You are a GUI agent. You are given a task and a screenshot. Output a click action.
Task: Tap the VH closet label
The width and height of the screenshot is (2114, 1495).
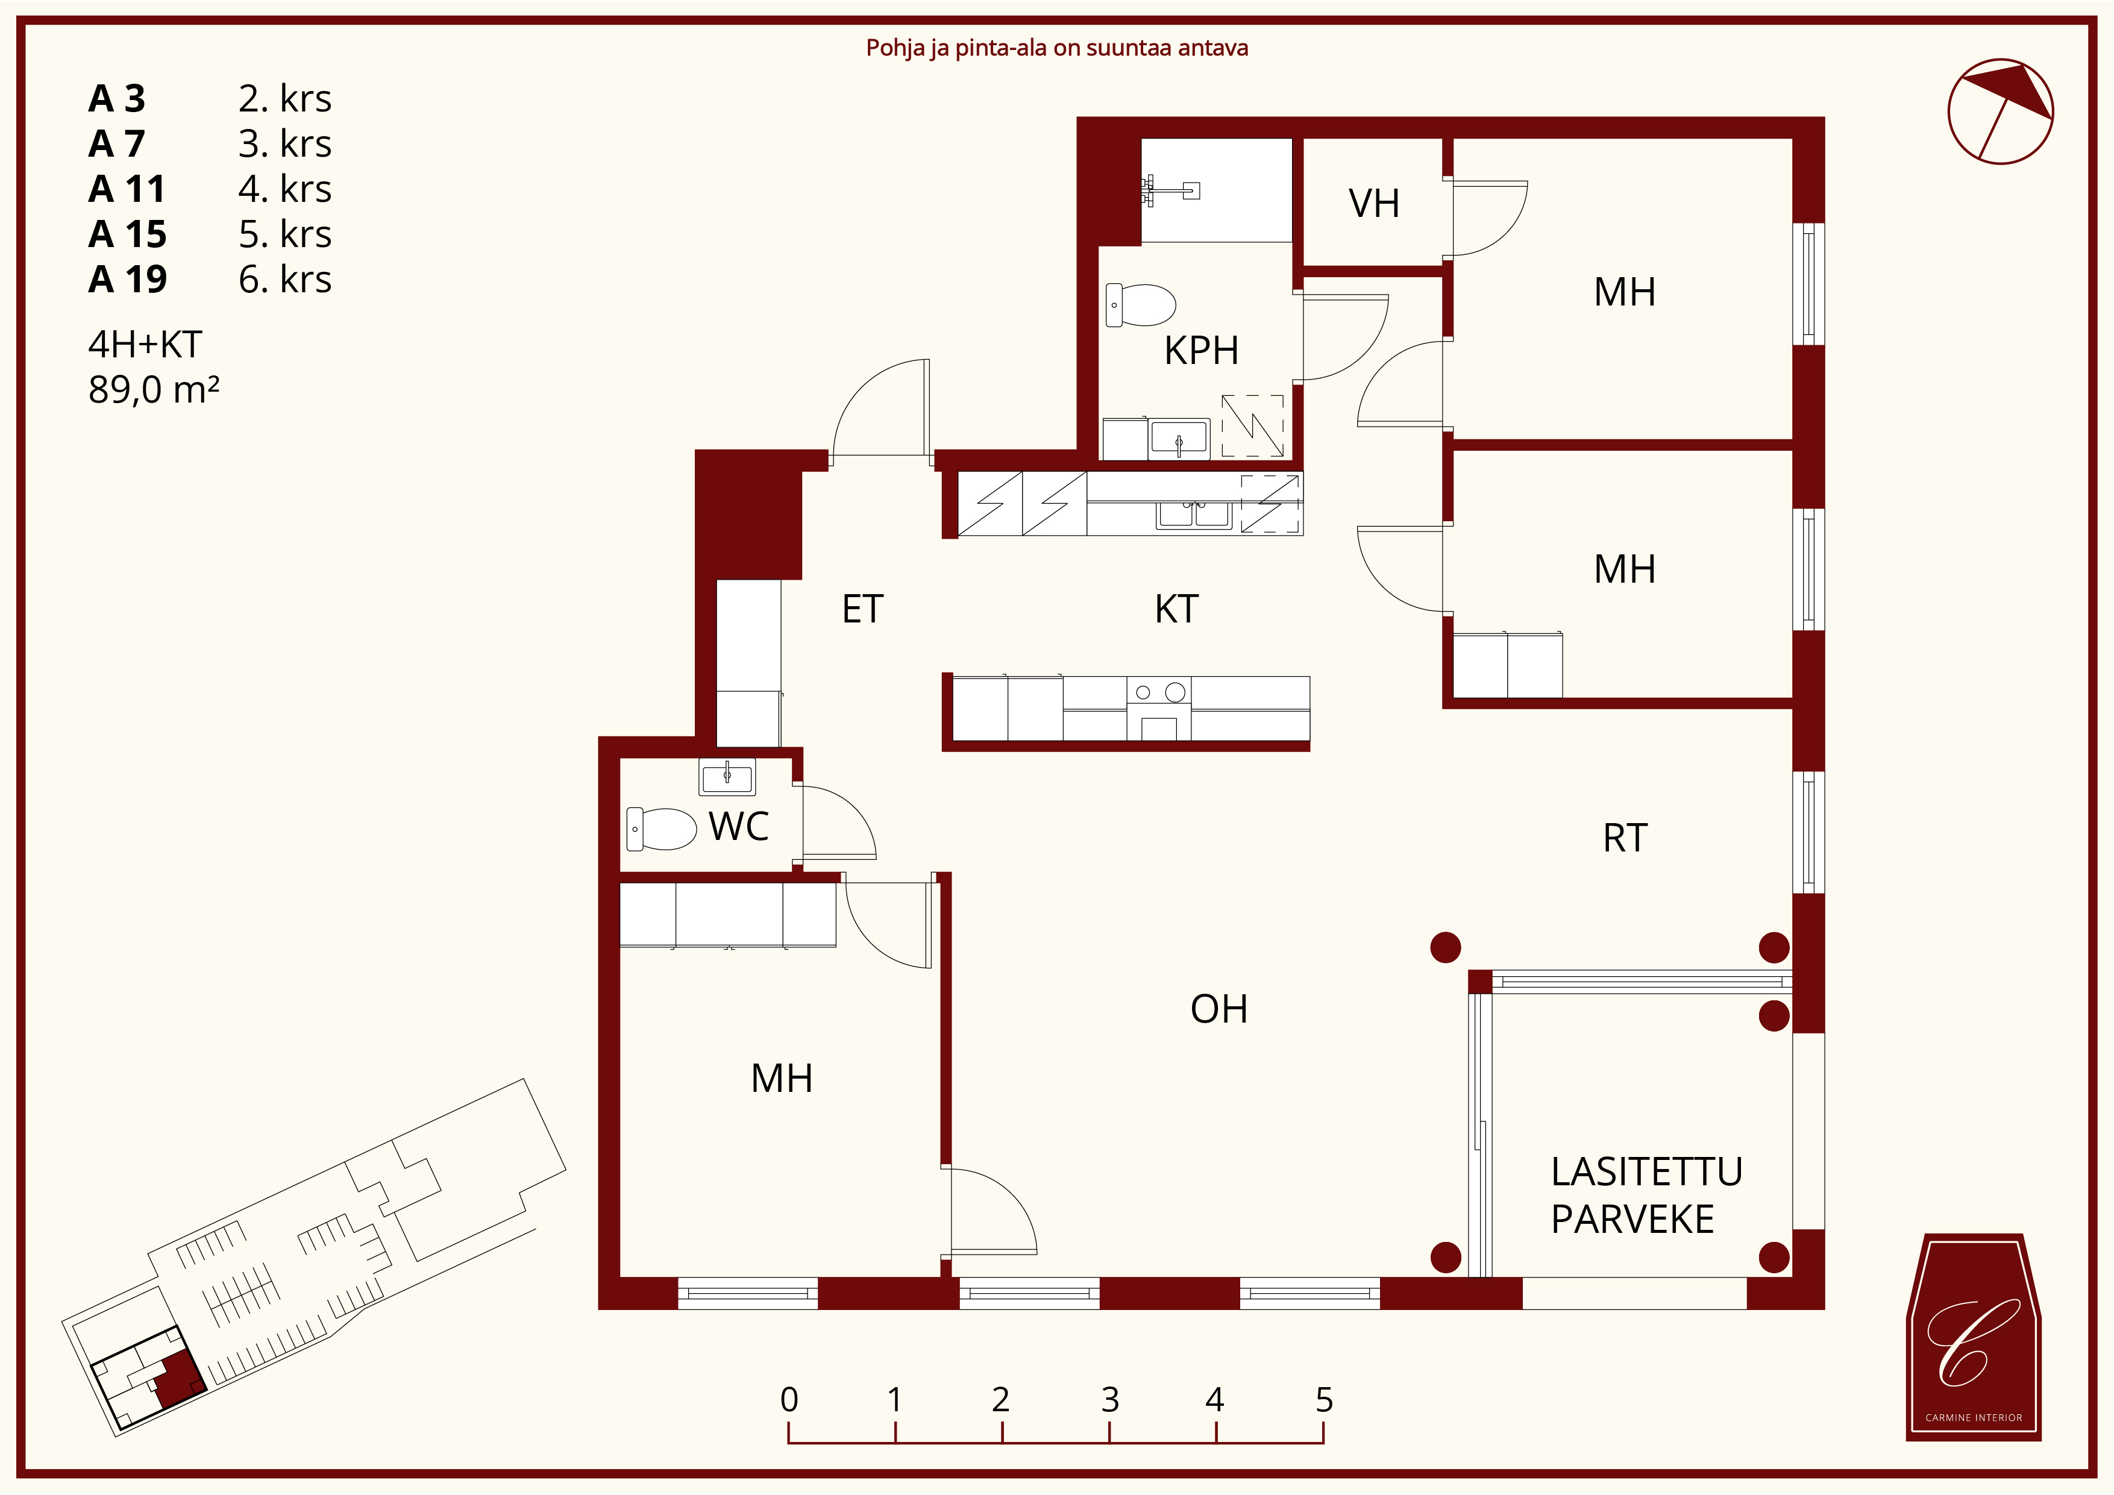point(1374,204)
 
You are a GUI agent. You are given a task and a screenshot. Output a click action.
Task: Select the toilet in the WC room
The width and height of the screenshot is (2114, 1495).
point(661,829)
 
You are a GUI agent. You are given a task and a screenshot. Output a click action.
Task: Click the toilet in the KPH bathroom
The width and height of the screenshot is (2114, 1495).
point(1141,305)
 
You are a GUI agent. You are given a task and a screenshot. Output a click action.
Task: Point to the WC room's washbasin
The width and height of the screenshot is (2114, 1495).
point(727,777)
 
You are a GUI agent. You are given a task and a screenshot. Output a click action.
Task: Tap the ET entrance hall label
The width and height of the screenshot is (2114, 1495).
point(863,609)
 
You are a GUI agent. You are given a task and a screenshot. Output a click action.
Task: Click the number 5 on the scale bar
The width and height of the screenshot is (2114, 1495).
point(1324,1400)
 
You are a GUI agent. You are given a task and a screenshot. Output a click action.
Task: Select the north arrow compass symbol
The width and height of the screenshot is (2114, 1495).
point(2000,111)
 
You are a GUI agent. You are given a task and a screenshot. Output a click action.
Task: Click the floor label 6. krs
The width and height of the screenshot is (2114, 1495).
point(284,279)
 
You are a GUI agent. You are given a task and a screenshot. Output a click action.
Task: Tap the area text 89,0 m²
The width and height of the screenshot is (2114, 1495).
point(154,389)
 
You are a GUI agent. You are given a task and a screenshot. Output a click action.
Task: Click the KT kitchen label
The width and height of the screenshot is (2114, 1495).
point(1177,609)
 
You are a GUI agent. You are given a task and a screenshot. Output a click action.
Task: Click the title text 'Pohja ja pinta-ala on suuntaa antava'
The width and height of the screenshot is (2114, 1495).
point(1057,48)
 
